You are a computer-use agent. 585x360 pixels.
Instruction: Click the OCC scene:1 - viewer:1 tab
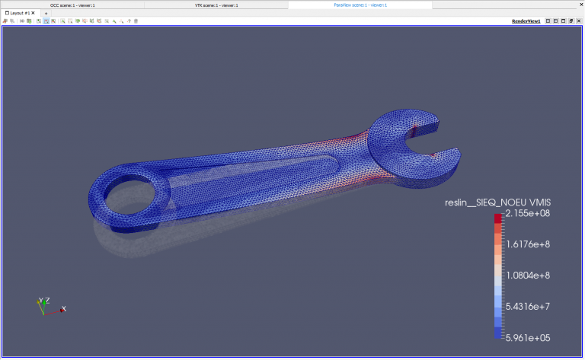(x=72, y=5)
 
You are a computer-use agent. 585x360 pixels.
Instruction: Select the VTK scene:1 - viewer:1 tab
(x=216, y=5)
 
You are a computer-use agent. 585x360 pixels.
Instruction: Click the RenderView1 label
(x=526, y=21)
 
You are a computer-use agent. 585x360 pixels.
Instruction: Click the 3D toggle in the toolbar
(x=21, y=21)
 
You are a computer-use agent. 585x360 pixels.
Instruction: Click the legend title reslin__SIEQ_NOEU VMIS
(x=497, y=202)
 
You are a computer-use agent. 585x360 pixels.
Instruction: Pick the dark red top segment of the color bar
(x=498, y=218)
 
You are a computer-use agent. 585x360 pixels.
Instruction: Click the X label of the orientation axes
(x=64, y=308)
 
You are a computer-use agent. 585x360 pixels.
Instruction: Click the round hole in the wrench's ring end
(x=127, y=198)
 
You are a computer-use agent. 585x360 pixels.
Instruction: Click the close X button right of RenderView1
(x=579, y=21)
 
